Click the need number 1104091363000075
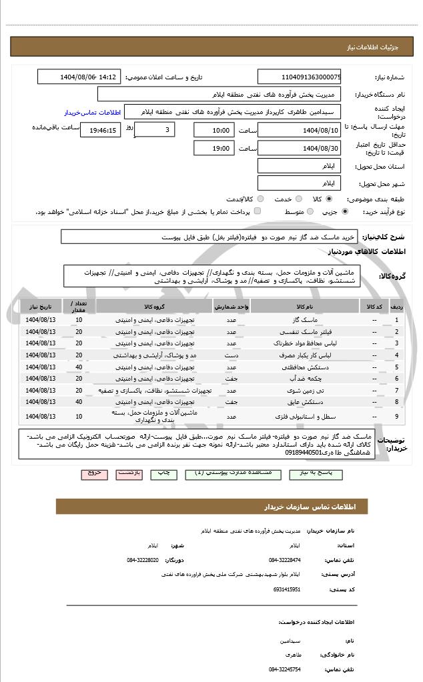299,77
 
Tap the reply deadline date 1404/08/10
299,129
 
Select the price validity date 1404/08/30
299,148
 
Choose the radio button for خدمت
300,199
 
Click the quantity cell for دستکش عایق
79,402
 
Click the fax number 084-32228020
143,559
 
